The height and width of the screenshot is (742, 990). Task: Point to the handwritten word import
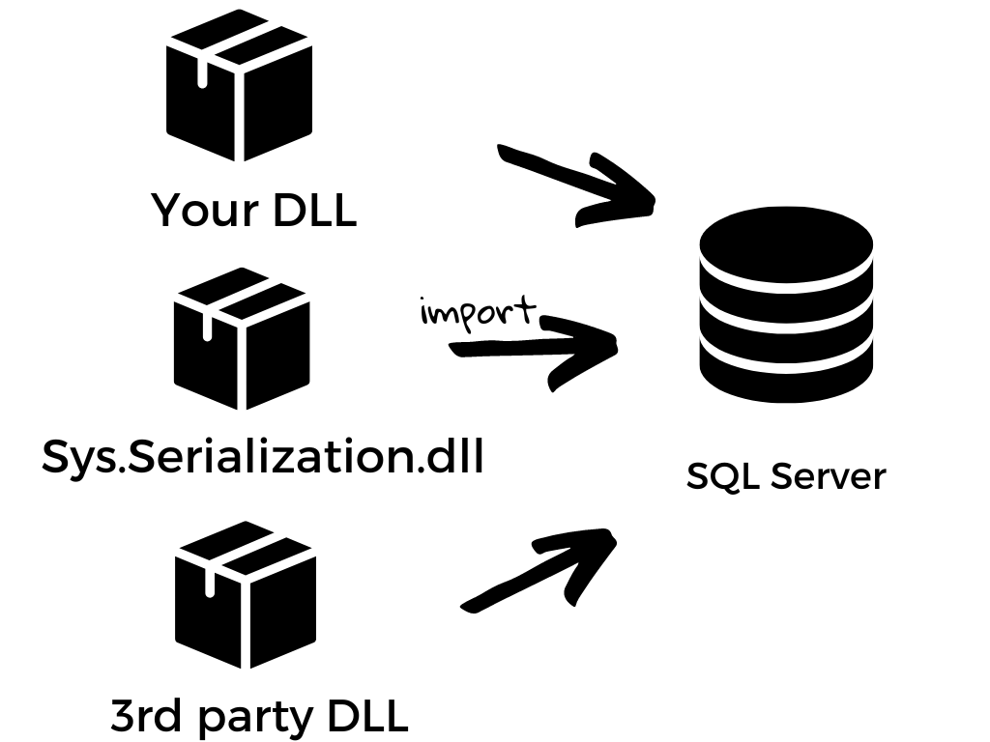click(x=478, y=313)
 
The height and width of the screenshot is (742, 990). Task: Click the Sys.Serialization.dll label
click(x=262, y=456)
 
